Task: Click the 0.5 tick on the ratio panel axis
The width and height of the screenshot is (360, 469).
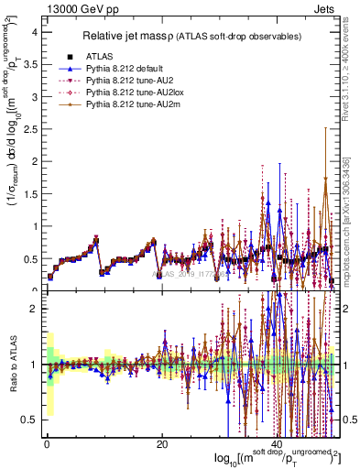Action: pyautogui.click(x=29, y=420)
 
